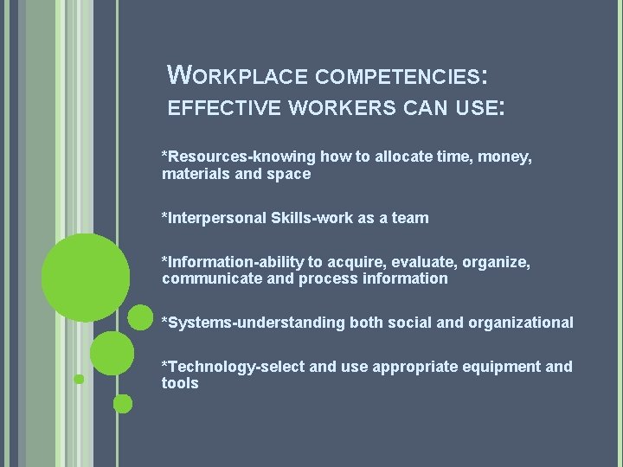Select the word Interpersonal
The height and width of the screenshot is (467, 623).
(215, 218)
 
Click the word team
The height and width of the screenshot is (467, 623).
(410, 218)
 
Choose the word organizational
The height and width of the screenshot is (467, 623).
(520, 323)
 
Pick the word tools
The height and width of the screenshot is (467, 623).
(180, 383)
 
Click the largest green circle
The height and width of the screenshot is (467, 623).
(86, 278)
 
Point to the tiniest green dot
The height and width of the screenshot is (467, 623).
(79, 379)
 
